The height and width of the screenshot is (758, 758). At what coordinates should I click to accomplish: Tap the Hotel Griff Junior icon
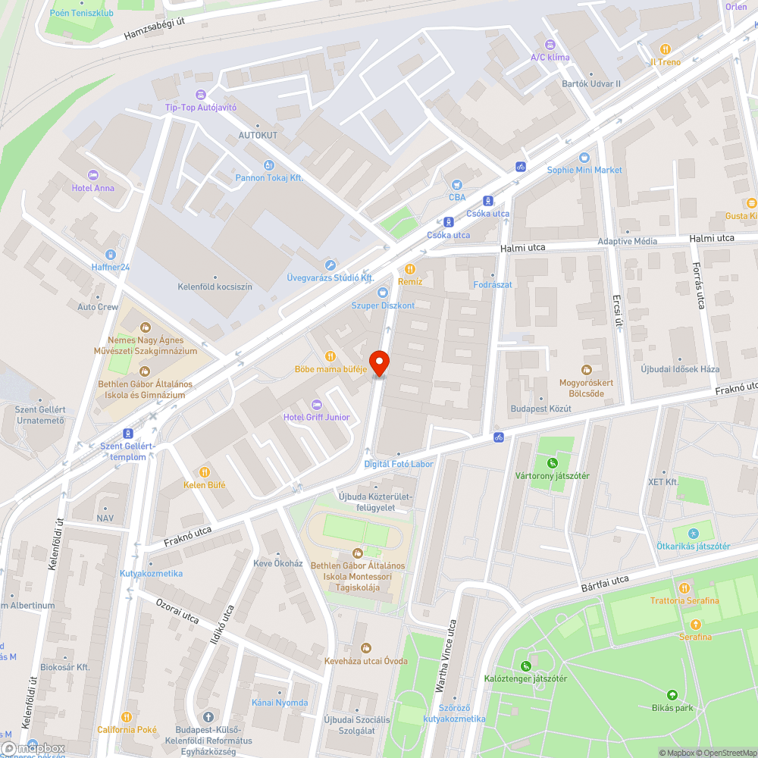coord(317,403)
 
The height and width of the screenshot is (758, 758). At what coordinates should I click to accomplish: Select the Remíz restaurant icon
coord(410,268)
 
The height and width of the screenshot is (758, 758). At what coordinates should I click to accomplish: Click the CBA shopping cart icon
coord(456,184)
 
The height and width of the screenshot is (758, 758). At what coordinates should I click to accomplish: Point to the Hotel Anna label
coord(93,188)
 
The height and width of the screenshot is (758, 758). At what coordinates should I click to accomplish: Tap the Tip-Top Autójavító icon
coord(200,94)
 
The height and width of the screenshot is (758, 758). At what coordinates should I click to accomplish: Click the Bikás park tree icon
coord(672,695)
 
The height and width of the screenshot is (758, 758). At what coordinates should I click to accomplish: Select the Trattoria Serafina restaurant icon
coord(684,587)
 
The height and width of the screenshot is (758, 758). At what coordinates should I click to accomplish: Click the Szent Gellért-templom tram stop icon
coord(128,434)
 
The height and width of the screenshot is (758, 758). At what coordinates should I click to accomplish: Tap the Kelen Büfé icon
coord(204,471)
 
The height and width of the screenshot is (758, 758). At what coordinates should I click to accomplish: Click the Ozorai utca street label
coord(177,612)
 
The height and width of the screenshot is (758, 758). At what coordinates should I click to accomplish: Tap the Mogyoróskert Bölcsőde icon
coord(586,369)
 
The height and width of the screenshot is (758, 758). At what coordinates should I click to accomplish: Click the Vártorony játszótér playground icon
coord(553,462)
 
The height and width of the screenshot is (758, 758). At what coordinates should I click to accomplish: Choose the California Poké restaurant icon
coord(127,716)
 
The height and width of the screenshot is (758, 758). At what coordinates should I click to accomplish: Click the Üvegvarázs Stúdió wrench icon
coord(330,265)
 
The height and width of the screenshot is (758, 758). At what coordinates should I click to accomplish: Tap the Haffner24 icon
coord(111,254)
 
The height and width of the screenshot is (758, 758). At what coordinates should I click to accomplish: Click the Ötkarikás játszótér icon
coord(693,533)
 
